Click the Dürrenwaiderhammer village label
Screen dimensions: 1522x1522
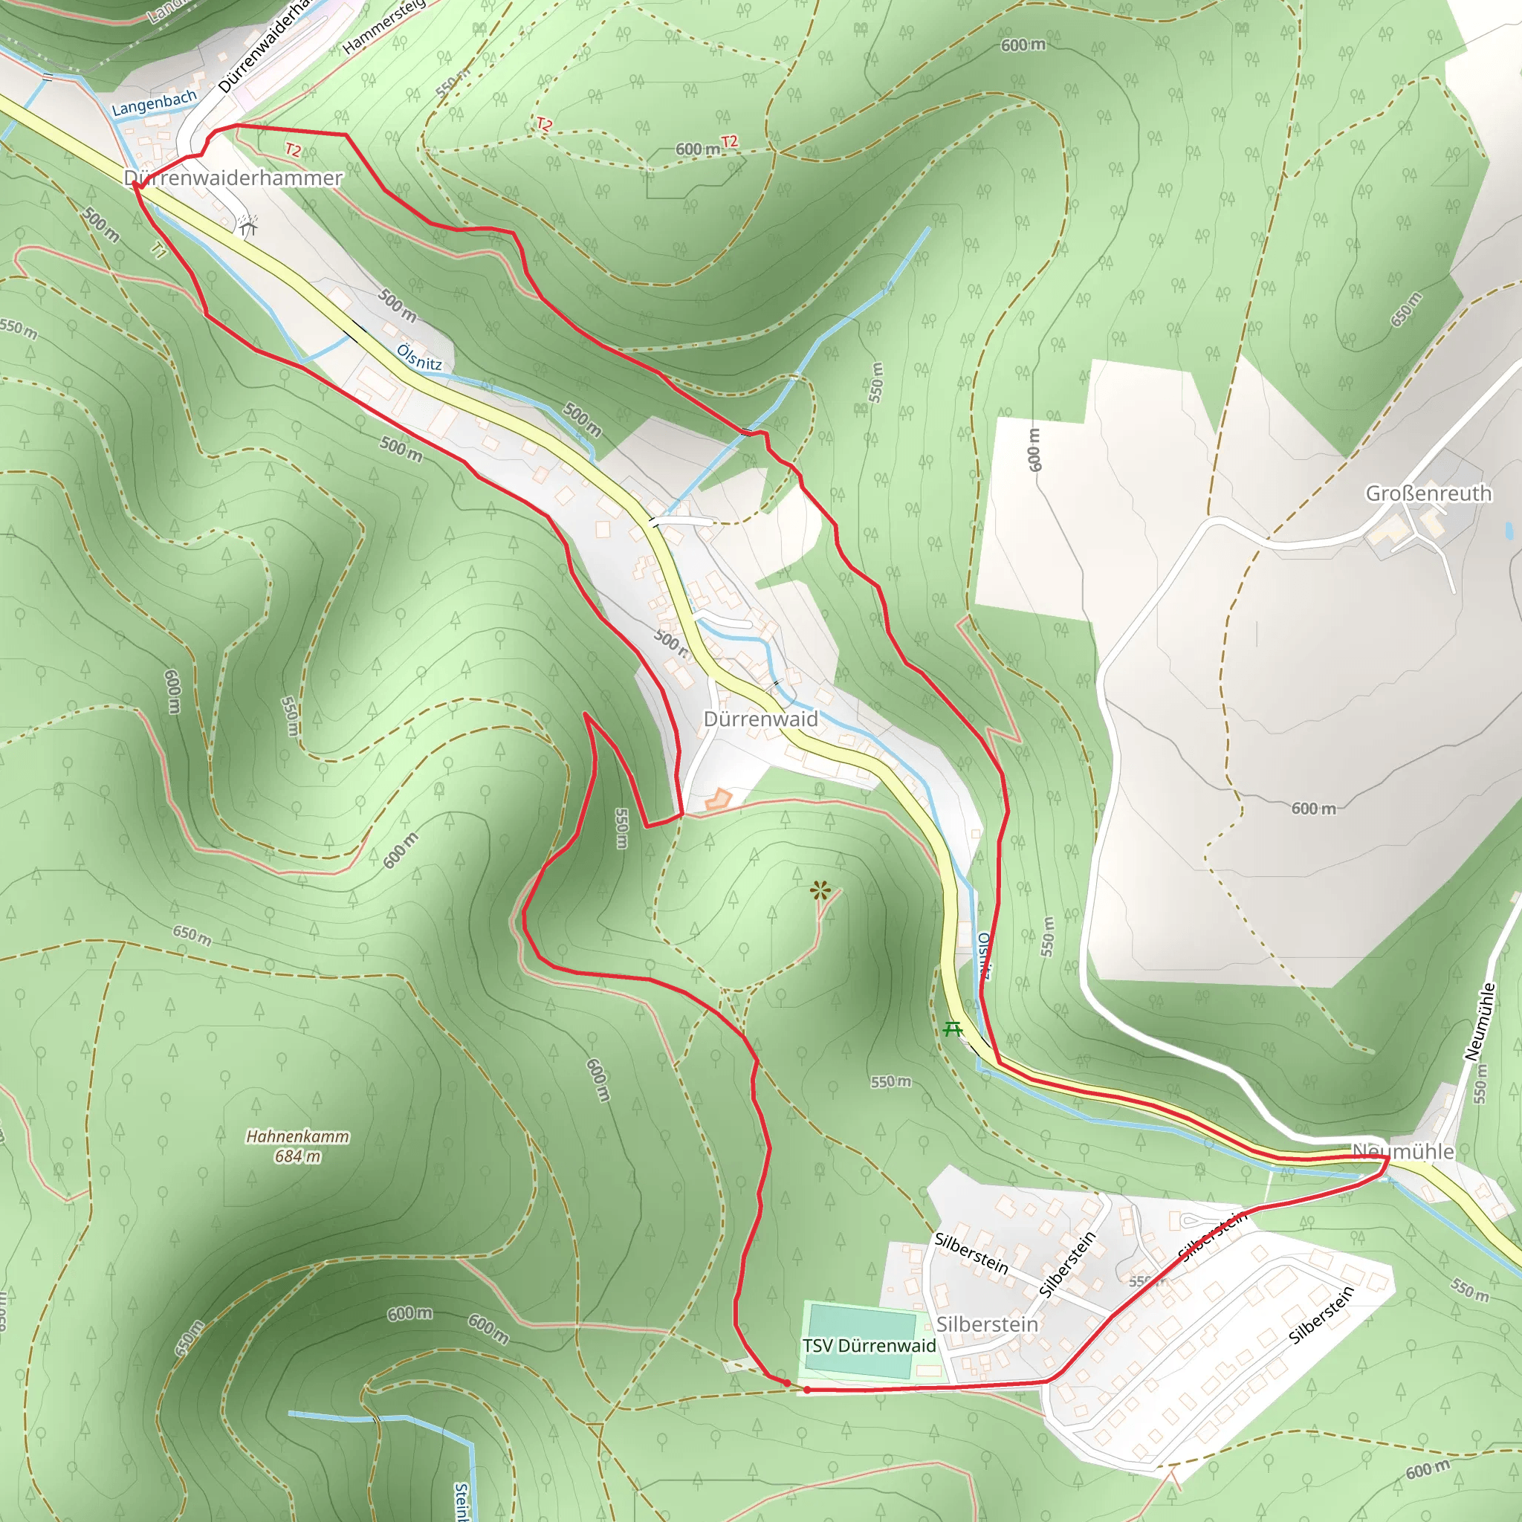233,178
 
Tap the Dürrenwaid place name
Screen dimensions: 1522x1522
760,719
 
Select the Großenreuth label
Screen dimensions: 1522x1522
1428,493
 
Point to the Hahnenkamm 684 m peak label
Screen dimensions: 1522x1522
297,1146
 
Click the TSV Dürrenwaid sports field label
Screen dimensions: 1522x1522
869,1346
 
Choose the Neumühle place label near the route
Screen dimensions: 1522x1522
1403,1152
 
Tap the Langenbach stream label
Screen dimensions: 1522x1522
155,103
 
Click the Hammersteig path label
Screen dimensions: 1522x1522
383,27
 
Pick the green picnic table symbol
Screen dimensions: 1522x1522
953,1028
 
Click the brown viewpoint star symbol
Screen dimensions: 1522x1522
820,891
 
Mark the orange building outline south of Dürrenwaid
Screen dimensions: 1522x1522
718,800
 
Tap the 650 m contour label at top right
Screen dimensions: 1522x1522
1405,309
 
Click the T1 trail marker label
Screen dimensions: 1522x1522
160,250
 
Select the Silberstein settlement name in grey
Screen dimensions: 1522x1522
987,1324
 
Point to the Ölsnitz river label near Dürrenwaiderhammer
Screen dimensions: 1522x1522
419,357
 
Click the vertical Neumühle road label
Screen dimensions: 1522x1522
1479,1022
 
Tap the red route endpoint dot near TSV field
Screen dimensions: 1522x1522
787,1383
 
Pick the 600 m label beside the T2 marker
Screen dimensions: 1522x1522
698,149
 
